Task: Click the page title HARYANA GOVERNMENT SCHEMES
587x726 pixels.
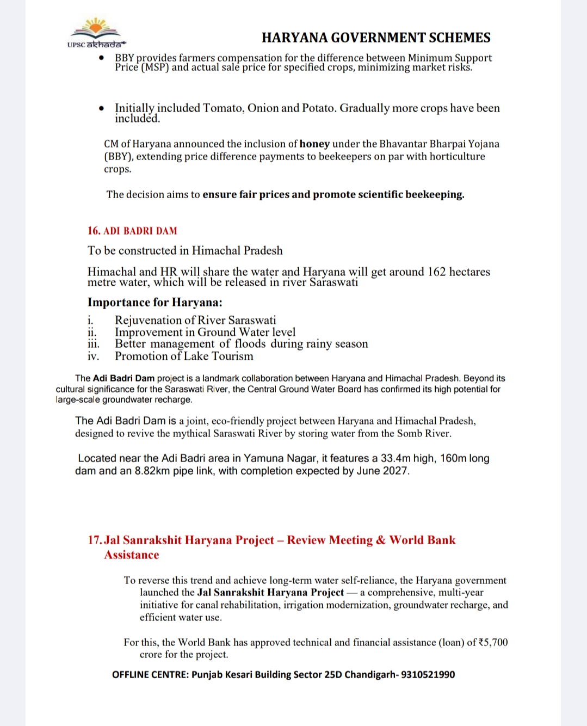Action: point(376,38)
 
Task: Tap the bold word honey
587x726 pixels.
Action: point(314,144)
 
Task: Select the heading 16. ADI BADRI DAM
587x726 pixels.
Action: point(132,231)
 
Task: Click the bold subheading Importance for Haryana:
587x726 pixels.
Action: point(155,303)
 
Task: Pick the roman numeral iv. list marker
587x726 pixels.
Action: point(94,356)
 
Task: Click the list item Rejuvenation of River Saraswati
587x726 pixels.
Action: point(195,320)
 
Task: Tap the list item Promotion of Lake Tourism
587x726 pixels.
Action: point(184,356)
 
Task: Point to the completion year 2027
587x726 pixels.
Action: point(395,471)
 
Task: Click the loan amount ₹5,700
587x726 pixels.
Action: point(493,642)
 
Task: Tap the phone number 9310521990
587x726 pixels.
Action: point(429,675)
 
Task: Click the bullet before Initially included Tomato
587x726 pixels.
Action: point(102,109)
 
